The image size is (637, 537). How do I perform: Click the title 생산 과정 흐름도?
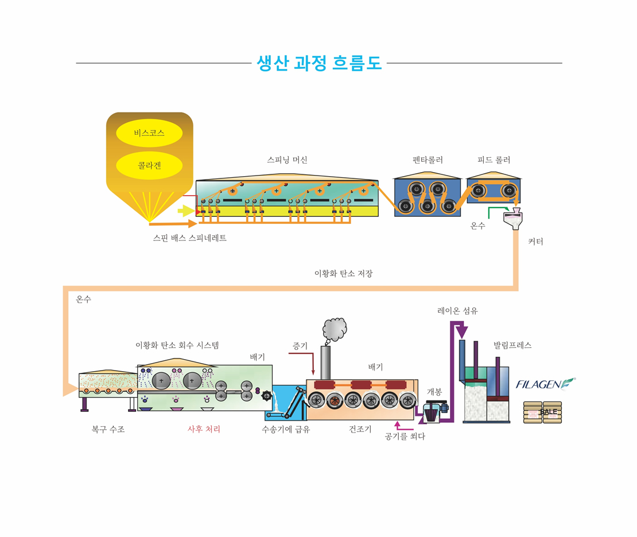click(x=319, y=63)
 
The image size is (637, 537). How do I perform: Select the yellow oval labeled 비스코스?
click(x=149, y=133)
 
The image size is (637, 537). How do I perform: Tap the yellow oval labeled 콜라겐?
click(x=149, y=166)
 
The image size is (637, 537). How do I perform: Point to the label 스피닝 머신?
click(x=287, y=160)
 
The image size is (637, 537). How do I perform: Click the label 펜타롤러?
click(x=428, y=160)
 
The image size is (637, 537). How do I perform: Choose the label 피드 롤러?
click(x=494, y=160)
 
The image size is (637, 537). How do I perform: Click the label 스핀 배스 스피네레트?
click(x=190, y=238)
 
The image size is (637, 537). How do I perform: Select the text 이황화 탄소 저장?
click(x=343, y=274)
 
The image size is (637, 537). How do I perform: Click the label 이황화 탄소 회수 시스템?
click(x=177, y=345)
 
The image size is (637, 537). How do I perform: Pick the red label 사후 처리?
click(x=204, y=429)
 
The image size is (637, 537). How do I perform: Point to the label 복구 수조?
click(x=108, y=429)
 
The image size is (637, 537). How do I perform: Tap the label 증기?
click(x=300, y=346)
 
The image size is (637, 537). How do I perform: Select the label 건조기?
click(x=360, y=429)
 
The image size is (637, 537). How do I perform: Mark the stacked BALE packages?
click(x=542, y=412)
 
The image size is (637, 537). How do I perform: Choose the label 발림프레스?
click(x=512, y=345)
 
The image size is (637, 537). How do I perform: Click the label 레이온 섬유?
click(x=457, y=311)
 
